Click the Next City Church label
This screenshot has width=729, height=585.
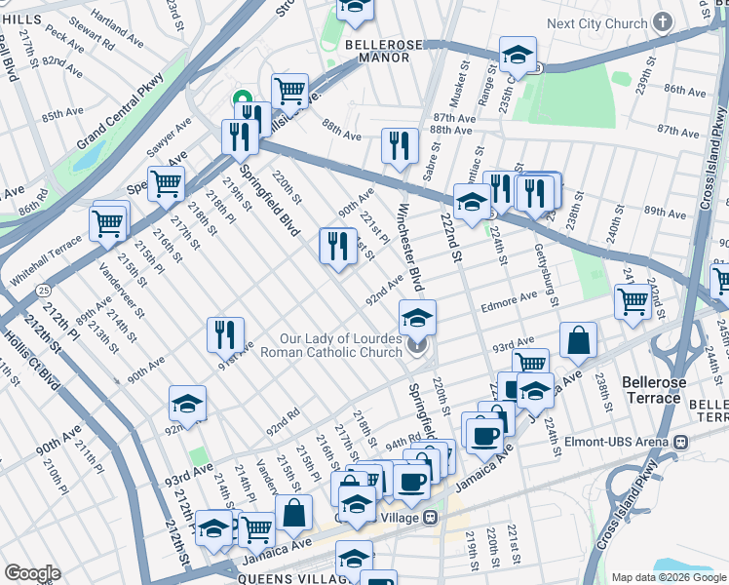click(x=596, y=23)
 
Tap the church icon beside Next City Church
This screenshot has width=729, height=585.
click(x=663, y=21)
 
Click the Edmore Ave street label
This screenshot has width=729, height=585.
click(x=509, y=299)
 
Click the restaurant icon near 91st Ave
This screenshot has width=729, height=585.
click(x=225, y=334)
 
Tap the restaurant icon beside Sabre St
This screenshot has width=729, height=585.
click(x=400, y=145)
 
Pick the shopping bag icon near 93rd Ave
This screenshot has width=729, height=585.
click(x=578, y=340)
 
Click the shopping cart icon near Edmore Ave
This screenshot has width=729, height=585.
click(x=633, y=301)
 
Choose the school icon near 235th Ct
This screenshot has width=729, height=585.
click(x=518, y=54)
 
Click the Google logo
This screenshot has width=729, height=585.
click(x=32, y=573)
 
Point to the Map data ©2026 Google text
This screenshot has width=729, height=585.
click(x=668, y=577)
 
